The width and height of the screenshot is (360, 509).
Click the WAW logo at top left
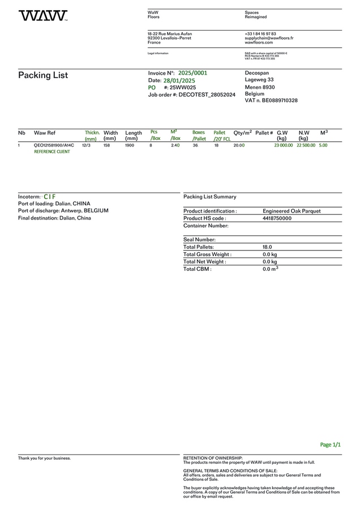pos(42,16)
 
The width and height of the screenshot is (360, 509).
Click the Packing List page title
pos(43,75)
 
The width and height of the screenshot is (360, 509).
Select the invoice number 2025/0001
pos(192,73)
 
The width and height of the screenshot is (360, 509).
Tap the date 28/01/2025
pos(179,81)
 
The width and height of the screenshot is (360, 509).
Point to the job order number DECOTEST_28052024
pos(207,95)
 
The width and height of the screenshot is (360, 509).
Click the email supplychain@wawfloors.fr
pos(269,38)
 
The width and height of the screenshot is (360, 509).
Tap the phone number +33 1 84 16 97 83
pos(260,34)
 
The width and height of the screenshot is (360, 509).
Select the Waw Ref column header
pos(45,133)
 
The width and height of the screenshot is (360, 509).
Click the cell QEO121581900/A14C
pos(54,145)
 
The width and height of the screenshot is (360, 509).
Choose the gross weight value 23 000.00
pos(284,145)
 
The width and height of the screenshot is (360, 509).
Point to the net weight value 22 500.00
pos(306,145)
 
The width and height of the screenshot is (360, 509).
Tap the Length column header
pos(134,133)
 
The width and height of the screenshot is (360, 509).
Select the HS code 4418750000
pos(277,218)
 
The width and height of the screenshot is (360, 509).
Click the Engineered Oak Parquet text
pos(292,211)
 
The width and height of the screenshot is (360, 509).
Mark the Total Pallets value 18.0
pos(267,247)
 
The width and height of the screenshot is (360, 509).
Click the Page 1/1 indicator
pos(331,445)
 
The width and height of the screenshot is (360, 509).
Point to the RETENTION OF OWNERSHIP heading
pos(213,458)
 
